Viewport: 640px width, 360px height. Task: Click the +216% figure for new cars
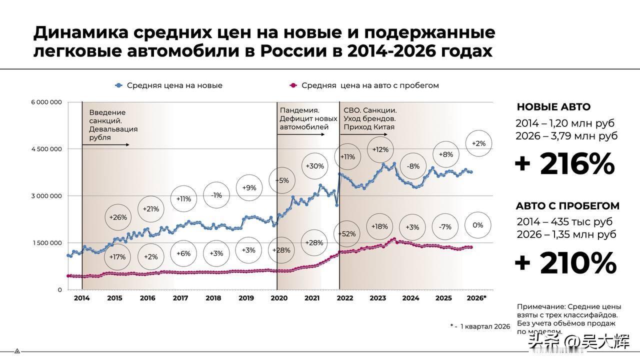[x=565, y=164]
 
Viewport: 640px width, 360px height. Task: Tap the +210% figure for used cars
[x=565, y=263]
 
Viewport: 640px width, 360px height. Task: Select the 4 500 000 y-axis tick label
[x=46, y=149]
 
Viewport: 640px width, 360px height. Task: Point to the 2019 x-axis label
[x=246, y=298]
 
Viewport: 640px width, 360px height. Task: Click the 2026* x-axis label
[x=476, y=298]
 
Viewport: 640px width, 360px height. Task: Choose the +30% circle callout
[x=315, y=166]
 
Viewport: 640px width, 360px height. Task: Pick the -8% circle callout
[x=413, y=166]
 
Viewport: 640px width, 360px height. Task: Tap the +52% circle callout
[x=347, y=234]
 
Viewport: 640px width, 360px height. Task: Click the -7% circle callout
[x=445, y=227]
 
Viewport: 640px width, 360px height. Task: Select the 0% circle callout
[x=478, y=225]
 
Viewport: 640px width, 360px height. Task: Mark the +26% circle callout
[x=118, y=217]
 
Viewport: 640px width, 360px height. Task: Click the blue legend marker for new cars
[x=119, y=85]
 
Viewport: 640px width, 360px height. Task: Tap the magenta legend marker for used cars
[x=293, y=85]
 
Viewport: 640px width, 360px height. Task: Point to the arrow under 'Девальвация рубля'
[x=106, y=145]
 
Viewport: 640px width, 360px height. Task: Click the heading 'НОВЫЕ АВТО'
[x=553, y=107]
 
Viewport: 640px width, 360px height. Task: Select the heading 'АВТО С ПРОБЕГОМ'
[x=567, y=206]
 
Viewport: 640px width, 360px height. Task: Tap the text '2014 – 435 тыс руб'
[x=564, y=221]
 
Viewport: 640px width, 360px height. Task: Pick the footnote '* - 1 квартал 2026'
[x=480, y=326]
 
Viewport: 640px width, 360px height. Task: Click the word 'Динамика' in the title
[x=81, y=32]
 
